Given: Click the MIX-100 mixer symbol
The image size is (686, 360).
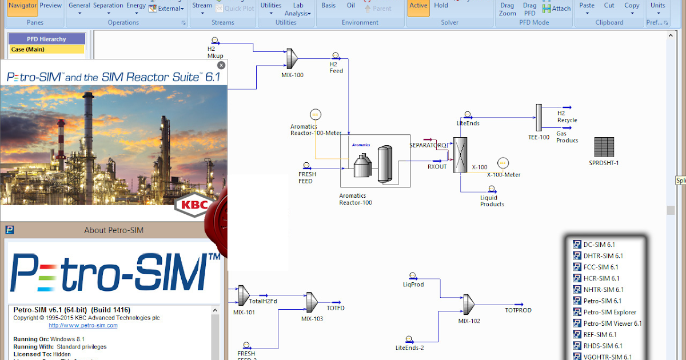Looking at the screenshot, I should pos(292,58).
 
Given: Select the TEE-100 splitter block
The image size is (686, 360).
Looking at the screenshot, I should pos(539,118).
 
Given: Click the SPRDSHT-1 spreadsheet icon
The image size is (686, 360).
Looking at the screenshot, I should pos(604,147).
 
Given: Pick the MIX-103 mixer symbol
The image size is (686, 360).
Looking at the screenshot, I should pos(312,300).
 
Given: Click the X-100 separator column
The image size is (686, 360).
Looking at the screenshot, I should pos(460,154).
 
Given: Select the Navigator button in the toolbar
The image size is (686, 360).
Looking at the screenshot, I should pos(23,6).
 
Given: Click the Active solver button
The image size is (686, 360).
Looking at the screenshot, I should pos(418,6).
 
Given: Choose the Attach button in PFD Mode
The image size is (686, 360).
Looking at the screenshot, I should pos(556,9).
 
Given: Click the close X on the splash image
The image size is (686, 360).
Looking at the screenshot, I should pos(221,65).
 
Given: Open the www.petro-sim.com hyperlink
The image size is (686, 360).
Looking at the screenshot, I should pos(83,325).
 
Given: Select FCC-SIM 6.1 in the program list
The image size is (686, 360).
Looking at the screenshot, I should pos(600,267).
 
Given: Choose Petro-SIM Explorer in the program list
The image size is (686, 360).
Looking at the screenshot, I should pos(609,312).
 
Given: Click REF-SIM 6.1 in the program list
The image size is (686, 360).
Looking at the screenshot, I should pos(600,334).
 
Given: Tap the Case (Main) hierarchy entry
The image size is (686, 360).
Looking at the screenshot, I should pos(28,49).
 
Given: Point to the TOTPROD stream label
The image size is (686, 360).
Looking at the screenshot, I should pos(518,310).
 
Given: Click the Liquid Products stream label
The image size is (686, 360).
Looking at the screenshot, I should pos(492,201).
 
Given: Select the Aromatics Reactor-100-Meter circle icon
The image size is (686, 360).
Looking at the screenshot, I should pos(315,114).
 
